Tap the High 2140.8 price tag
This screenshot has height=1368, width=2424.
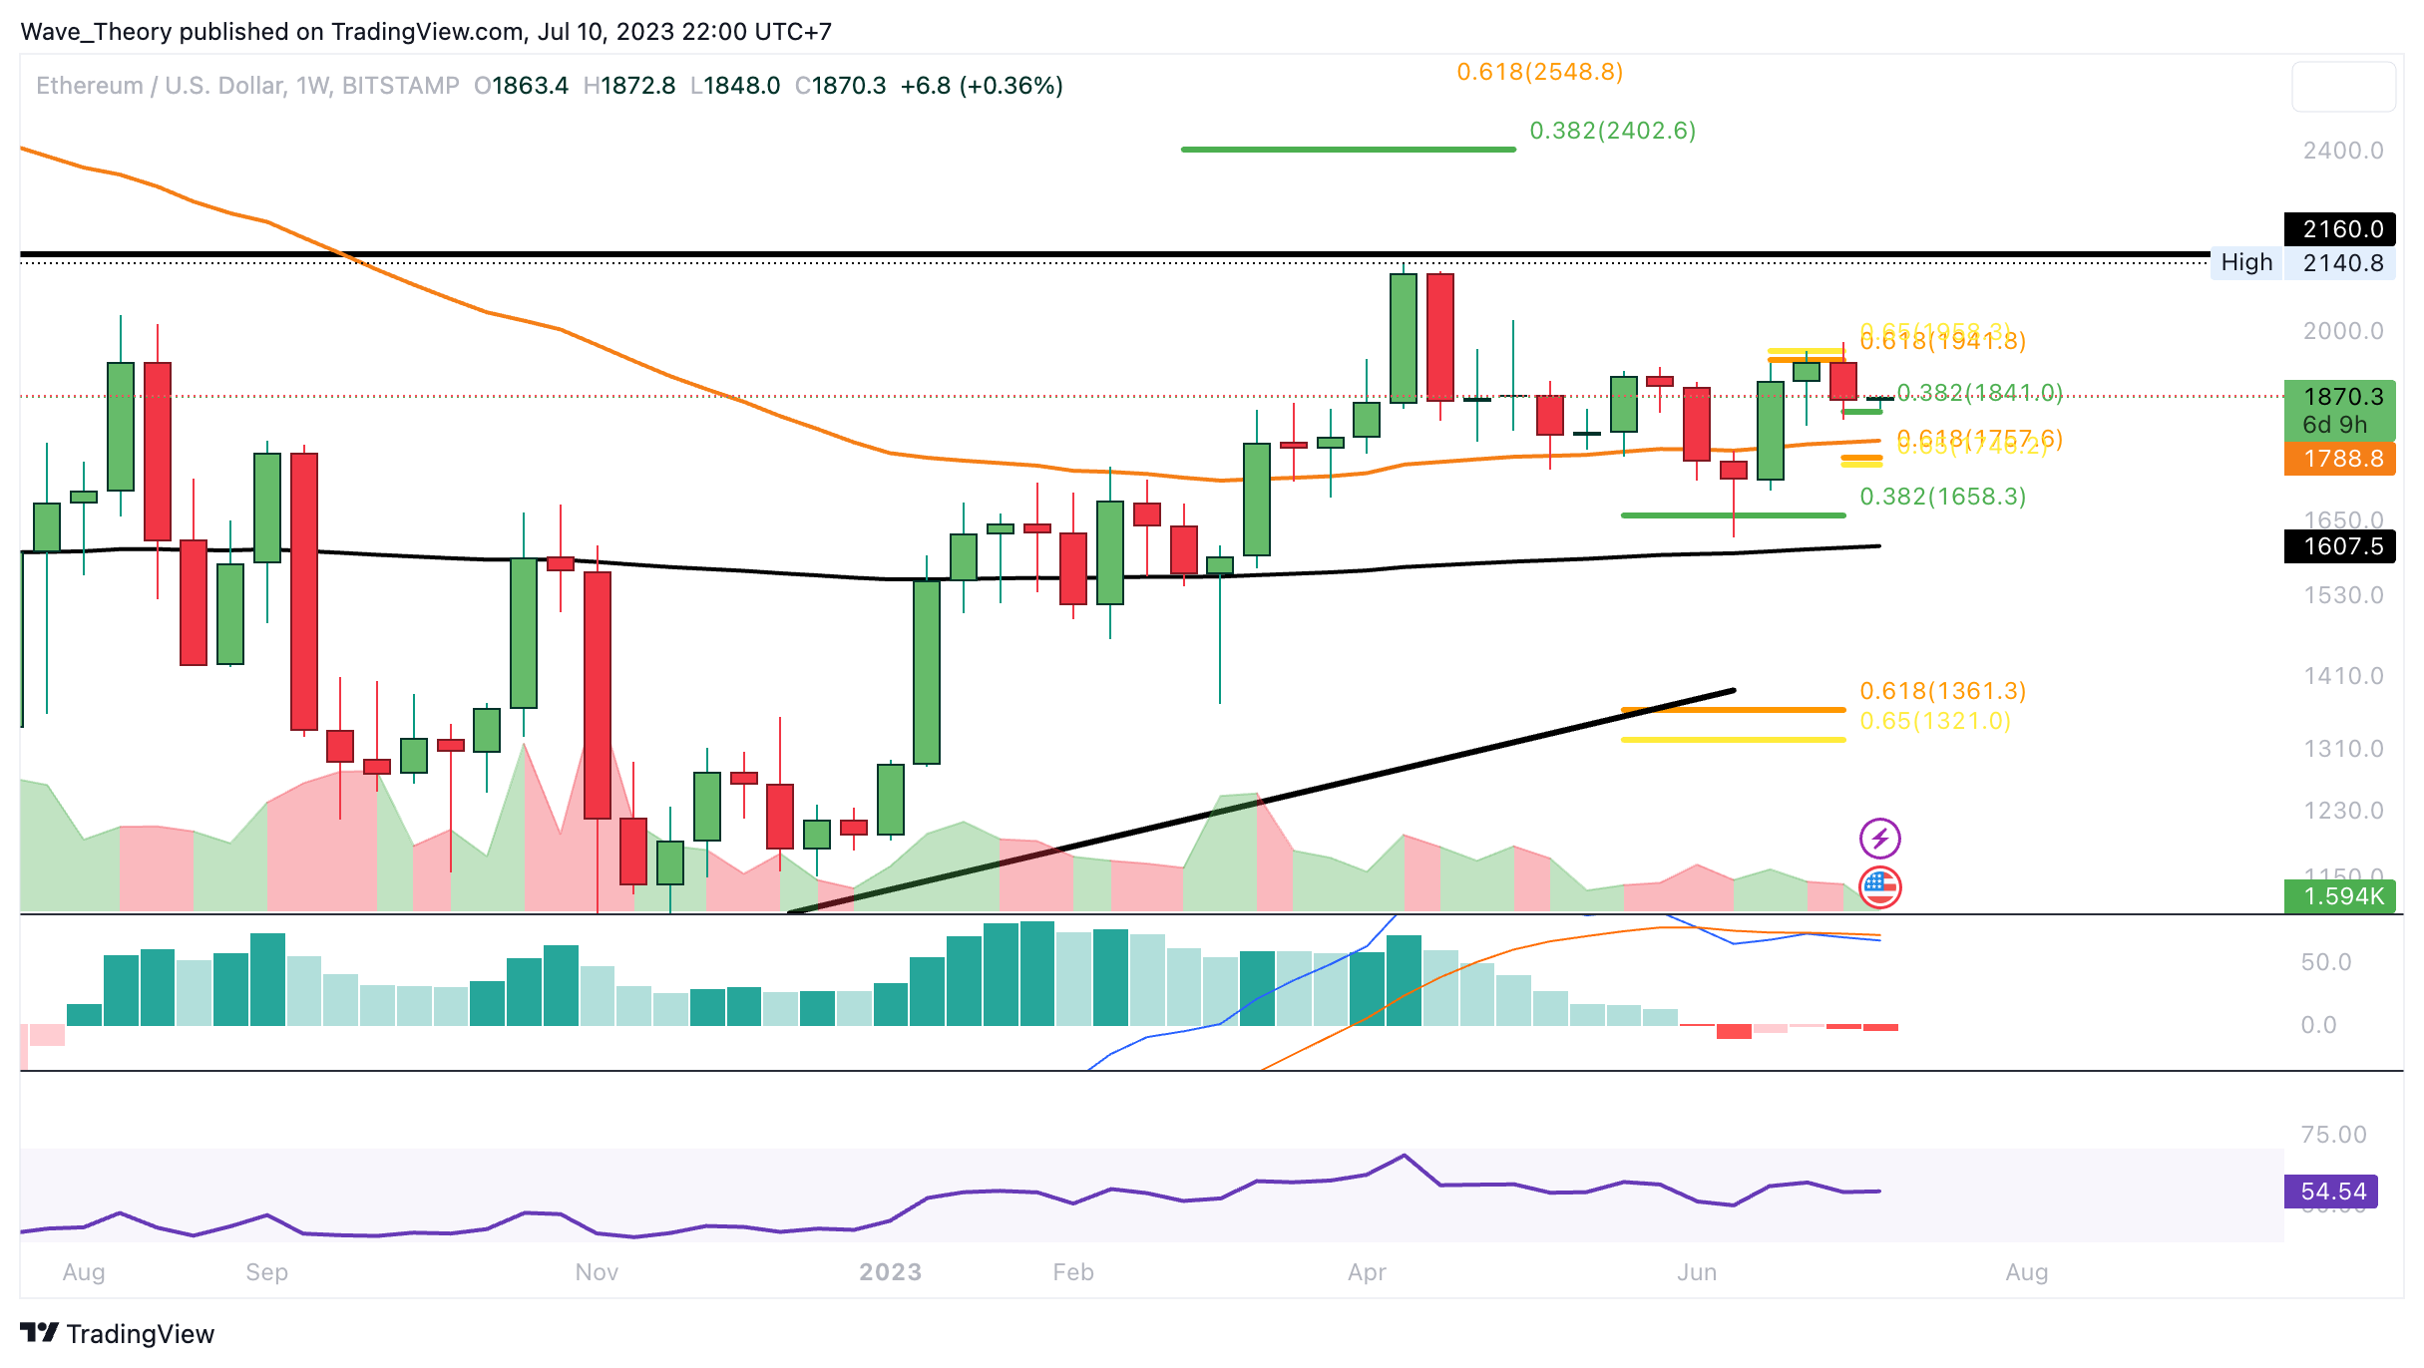click(x=2304, y=263)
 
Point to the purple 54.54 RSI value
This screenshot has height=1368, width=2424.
click(x=2331, y=1192)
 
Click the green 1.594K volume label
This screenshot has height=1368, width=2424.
click(x=2340, y=896)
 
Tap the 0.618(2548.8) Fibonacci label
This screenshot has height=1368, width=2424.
click(x=1539, y=72)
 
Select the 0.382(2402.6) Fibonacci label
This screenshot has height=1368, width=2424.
click(x=1612, y=131)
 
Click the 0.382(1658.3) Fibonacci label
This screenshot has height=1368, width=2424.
click(x=1942, y=497)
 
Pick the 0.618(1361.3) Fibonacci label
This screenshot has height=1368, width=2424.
click(x=1942, y=691)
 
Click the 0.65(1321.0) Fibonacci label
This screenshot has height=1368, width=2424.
click(x=1934, y=721)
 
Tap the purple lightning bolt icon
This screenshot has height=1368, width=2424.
click(x=1879, y=839)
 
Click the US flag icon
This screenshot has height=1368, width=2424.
click(x=1879, y=887)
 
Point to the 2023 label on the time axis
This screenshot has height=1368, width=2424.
click(x=890, y=1272)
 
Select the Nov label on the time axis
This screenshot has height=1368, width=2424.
click(x=597, y=1272)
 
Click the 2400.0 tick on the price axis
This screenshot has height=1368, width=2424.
click(x=2342, y=151)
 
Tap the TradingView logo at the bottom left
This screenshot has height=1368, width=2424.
click(x=117, y=1333)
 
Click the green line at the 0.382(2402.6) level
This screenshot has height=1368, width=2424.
click(x=1347, y=150)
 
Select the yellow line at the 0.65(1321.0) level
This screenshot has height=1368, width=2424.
click(x=1733, y=740)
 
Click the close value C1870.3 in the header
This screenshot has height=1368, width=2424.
click(x=840, y=86)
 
